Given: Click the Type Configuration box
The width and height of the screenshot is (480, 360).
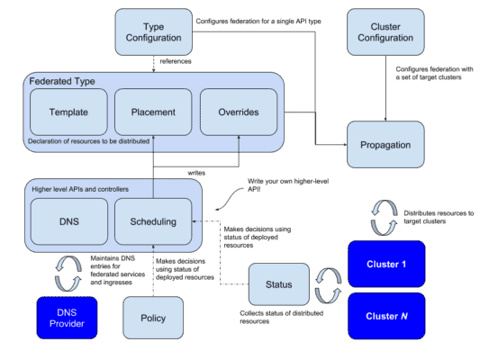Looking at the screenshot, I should point(153,31).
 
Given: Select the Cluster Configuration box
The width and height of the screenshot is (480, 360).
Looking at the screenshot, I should point(385,31).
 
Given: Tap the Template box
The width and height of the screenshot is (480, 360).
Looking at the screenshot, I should point(68,112).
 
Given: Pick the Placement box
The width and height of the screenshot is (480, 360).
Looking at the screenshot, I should point(153,112).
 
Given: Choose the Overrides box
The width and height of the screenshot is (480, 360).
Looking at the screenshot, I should point(238,112).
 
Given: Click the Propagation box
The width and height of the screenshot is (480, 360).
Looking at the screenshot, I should point(385,144).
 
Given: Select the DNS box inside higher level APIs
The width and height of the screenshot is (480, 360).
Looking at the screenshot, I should point(68,221).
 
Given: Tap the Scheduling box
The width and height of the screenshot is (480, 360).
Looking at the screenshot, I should point(153,221).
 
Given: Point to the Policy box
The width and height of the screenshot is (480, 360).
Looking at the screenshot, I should point(153,318).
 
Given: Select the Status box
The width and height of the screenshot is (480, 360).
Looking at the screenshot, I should point(278,285).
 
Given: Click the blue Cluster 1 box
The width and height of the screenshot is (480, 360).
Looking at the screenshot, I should point(386,264).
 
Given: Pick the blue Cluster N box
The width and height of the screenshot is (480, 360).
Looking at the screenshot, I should point(386,316).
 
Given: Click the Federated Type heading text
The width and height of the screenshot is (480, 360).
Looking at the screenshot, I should point(63,81).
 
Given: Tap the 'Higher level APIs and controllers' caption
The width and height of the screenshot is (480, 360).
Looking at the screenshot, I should point(80,189).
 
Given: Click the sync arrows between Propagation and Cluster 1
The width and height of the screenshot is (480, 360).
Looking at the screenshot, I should point(385,216).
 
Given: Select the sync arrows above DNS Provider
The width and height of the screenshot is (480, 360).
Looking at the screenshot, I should point(68,273).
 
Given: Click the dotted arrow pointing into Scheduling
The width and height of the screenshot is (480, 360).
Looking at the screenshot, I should point(198,221).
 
